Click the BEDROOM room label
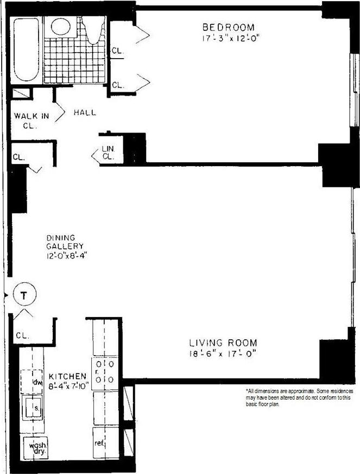click(x=228, y=27)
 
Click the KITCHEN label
click(x=67, y=376)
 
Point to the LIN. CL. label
click(x=108, y=153)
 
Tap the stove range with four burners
click(x=105, y=372)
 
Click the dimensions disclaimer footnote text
click(x=299, y=398)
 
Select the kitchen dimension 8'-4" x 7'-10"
click(x=67, y=387)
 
